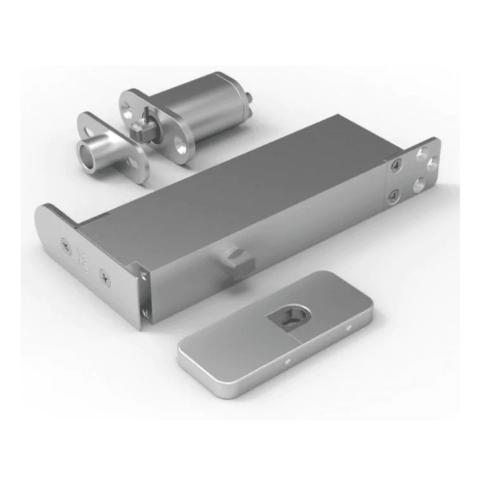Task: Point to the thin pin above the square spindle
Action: click(x=147, y=115)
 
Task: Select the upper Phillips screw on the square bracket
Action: click(x=393, y=166)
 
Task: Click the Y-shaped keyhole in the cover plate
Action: click(x=286, y=317)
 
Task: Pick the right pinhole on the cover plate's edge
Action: click(x=349, y=329)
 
